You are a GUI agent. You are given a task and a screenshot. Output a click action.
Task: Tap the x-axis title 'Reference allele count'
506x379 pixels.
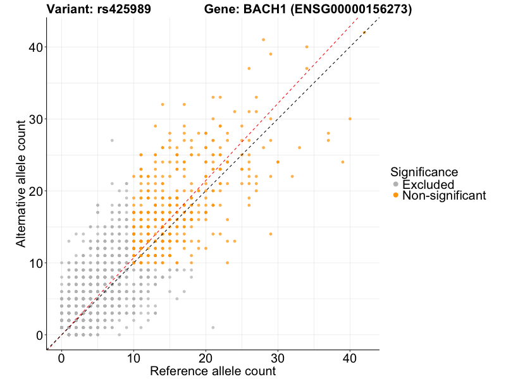point(213,371)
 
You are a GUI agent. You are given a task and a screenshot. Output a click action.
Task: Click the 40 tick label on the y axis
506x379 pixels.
point(34,47)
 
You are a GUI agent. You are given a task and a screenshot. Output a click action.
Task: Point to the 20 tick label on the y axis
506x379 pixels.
point(34,191)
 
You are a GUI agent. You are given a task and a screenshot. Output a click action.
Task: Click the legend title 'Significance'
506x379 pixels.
point(424,172)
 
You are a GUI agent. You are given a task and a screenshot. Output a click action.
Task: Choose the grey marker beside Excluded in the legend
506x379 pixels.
point(396,184)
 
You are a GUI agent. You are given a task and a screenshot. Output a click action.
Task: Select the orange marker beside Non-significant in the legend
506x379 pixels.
point(396,196)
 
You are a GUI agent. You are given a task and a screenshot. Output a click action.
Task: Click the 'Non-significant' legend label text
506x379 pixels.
point(444,196)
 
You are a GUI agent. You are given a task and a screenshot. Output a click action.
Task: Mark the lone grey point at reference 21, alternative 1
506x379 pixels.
point(213,327)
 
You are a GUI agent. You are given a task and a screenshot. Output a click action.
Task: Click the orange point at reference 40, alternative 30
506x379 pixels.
point(350,119)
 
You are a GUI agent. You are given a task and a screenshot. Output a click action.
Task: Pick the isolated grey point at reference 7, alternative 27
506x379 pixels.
point(112,140)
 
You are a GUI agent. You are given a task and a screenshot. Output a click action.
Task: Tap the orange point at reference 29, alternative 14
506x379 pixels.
point(271,234)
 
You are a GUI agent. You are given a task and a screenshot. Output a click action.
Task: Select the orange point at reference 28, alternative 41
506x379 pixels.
point(263,40)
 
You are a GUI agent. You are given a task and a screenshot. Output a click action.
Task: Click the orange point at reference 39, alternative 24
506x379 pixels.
point(343,162)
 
